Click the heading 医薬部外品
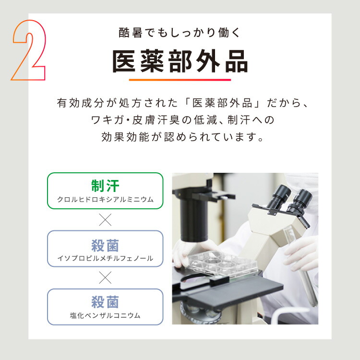(x=180, y=61)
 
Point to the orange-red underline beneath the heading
(x=180, y=79)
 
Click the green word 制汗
(x=105, y=186)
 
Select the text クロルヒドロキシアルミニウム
(x=105, y=200)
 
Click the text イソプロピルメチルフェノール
(x=105, y=258)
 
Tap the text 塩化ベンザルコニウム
(x=105, y=316)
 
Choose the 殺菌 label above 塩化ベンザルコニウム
(x=105, y=302)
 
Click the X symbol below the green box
(x=105, y=220)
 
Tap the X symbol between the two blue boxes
(x=105, y=277)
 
